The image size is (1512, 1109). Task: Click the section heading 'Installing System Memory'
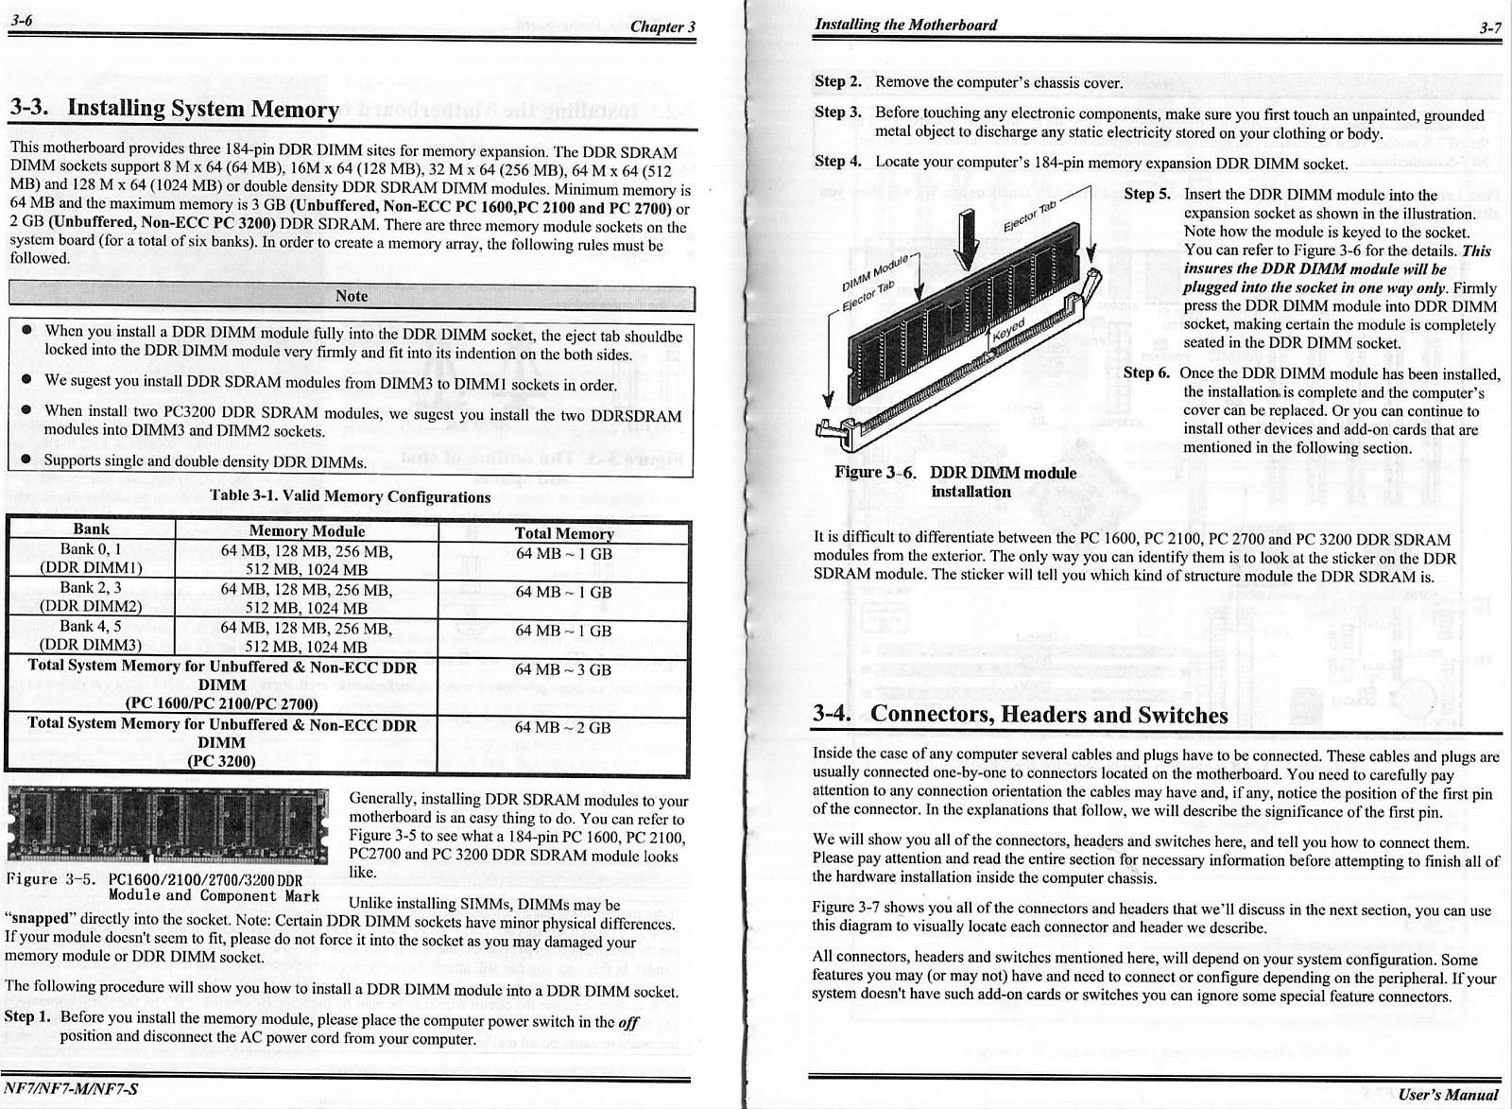[x=203, y=110]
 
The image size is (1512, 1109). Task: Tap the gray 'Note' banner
[x=352, y=296]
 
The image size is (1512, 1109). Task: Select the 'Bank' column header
[x=91, y=529]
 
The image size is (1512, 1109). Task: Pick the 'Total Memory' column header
[x=563, y=533]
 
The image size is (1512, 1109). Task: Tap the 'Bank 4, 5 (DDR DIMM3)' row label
[x=91, y=635]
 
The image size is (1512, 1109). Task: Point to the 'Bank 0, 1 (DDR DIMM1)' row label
[x=91, y=559]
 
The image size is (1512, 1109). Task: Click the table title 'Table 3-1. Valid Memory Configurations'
[x=351, y=496]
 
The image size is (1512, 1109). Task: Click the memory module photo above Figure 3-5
[x=167, y=823]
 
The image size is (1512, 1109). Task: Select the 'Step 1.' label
[x=26, y=1017]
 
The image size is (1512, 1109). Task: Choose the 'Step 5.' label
[x=1147, y=194]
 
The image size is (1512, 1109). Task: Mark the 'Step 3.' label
[x=837, y=113]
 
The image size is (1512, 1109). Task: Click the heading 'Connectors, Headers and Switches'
[x=1048, y=715]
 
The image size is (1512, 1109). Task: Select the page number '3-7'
[x=1490, y=27]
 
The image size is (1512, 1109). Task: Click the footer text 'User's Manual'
[x=1450, y=1094]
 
